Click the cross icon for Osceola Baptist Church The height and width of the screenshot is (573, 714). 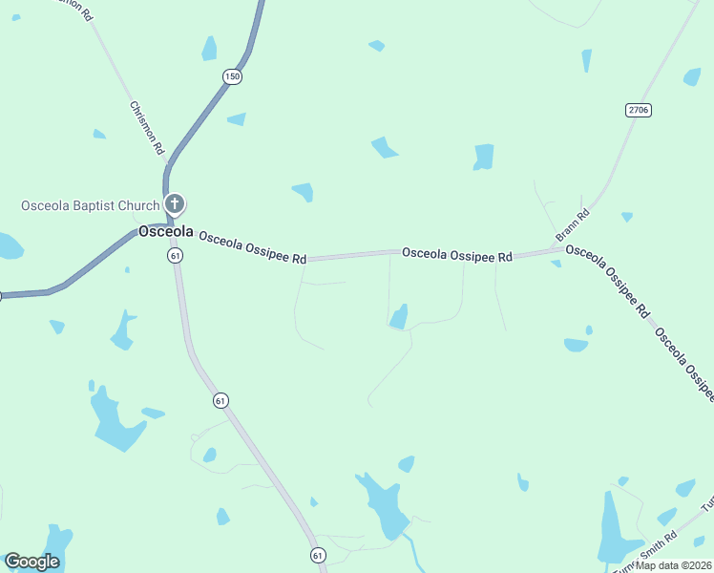pos(174,202)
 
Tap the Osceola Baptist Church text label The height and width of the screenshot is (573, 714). pos(91,206)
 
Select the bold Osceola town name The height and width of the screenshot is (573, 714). pos(166,232)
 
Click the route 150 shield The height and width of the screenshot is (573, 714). pos(232,75)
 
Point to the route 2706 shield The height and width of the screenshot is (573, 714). pos(639,110)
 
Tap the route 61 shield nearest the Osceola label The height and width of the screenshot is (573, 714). pos(175,256)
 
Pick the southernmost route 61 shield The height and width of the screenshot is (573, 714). pos(318,555)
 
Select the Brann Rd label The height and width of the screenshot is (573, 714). pos(574,225)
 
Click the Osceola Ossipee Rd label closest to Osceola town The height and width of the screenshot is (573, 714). pos(252,250)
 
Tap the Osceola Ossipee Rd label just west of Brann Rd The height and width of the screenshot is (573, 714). pos(457,255)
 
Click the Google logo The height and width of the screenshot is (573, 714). pos(31,562)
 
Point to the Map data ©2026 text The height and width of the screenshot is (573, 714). pos(674,565)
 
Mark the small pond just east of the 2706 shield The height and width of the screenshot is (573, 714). pos(692,76)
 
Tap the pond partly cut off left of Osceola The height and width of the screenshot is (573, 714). pos(9,246)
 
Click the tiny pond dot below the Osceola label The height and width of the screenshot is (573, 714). pos(127,270)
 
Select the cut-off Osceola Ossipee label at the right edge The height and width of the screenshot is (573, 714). pos(685,363)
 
